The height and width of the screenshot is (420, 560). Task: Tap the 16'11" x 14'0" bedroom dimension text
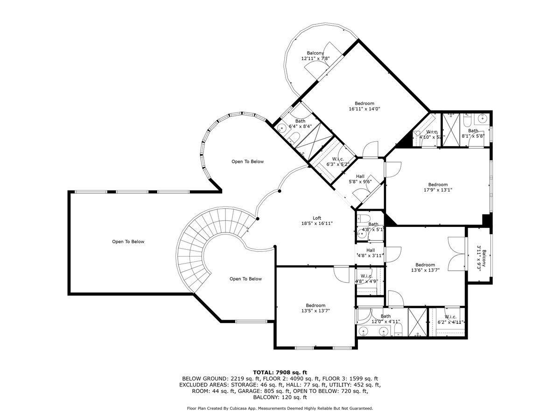pos(364,109)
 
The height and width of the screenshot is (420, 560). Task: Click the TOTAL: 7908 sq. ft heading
pos(280,372)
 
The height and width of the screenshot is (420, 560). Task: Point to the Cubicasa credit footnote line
pos(280,408)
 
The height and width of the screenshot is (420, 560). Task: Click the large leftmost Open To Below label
pos(128,242)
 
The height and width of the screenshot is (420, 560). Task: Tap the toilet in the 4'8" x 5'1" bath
pos(365,218)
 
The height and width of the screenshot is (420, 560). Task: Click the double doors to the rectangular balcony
pos(456,253)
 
